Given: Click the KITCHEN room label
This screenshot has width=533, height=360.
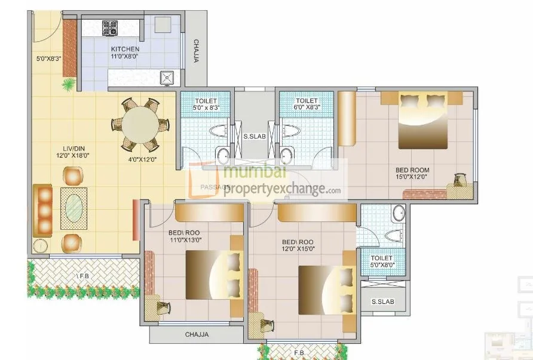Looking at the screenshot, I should pos(125,49).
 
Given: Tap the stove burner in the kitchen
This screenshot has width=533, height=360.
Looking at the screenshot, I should pos(110,27).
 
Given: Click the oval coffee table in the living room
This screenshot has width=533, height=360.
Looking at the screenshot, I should pos(75,208).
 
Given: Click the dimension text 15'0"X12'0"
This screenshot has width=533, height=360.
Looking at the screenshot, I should pos(412,177).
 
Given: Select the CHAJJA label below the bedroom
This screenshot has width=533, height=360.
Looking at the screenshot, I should pos(197,335).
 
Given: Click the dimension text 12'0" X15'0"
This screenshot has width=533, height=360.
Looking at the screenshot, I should pos(298,249).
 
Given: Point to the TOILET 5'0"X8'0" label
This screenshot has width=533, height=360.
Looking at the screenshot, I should pos(382,261).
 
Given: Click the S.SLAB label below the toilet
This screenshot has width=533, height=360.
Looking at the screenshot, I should pos(382,301).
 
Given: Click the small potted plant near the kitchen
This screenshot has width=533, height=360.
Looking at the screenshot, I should pos(69,84).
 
